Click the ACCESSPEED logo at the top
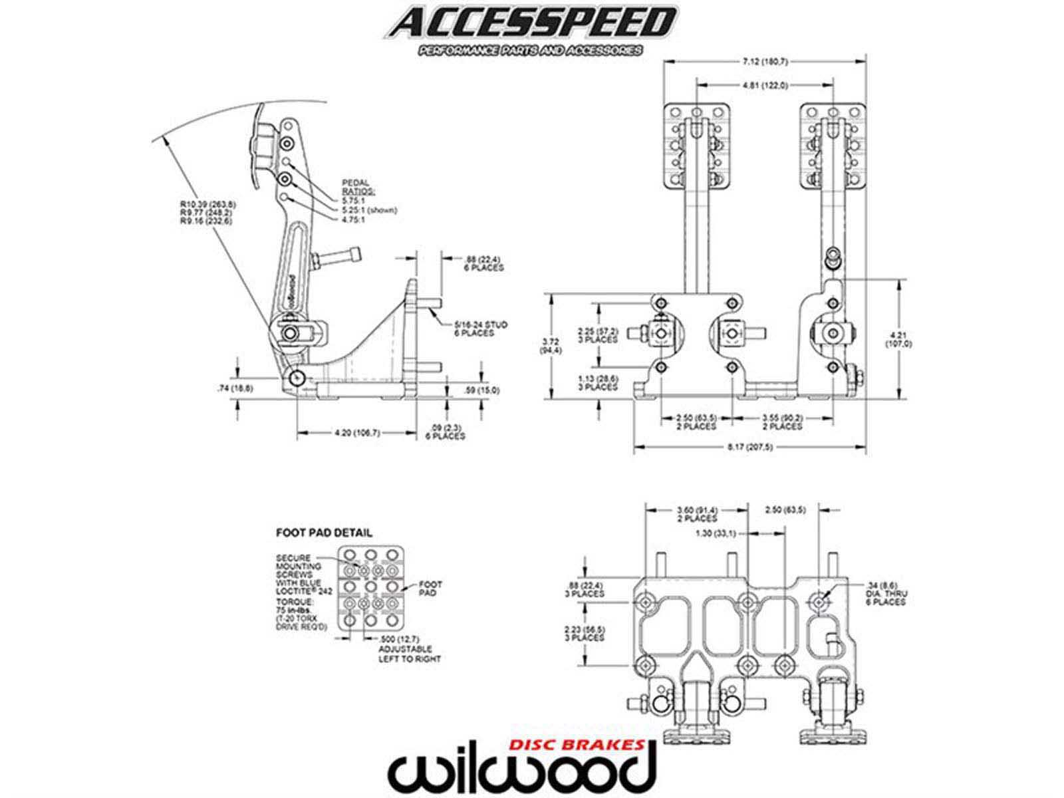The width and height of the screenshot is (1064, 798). click(531, 24)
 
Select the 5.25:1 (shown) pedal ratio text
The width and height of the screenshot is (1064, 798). click(369, 210)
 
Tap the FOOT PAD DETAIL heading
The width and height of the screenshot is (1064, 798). click(324, 533)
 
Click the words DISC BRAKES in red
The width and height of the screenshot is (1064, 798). click(575, 744)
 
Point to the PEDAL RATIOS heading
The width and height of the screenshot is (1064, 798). click(357, 186)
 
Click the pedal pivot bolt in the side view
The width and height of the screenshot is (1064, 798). click(297, 378)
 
